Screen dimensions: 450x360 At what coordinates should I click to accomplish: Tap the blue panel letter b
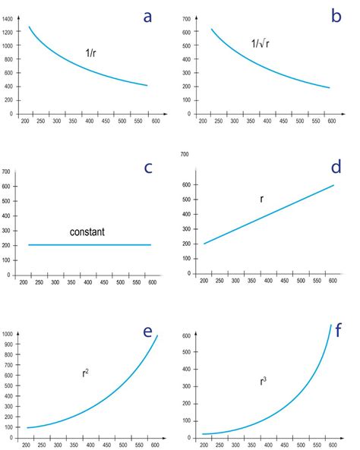pyautogui.click(x=336, y=15)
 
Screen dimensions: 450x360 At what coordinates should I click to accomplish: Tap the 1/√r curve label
pyautogui.click(x=260, y=44)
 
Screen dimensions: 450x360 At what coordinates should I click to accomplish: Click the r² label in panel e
pyautogui.click(x=86, y=373)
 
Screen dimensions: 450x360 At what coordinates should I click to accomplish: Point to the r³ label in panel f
pyautogui.click(x=263, y=381)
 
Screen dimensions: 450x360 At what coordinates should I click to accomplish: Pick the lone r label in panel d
pyautogui.click(x=261, y=199)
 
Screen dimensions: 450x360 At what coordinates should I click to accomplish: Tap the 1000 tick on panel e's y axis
pyautogui.click(x=8, y=334)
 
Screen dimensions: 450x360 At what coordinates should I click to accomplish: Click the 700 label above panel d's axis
pyautogui.click(x=184, y=155)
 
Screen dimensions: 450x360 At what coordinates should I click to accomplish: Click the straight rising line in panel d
pyautogui.click(x=269, y=214)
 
